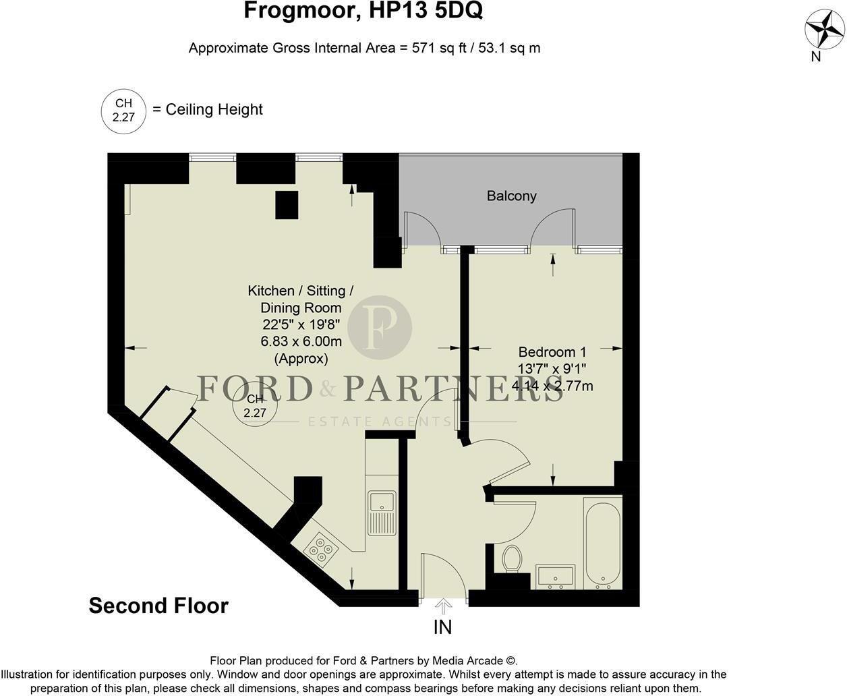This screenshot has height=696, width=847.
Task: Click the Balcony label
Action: (x=511, y=196)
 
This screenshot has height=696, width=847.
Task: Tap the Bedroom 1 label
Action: (x=552, y=352)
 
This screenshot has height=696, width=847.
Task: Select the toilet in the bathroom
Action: (x=512, y=558)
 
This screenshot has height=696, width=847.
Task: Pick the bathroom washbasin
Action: (x=556, y=577)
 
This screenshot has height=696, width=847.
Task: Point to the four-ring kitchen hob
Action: (x=321, y=550)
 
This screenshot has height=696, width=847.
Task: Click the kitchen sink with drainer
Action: (x=382, y=513)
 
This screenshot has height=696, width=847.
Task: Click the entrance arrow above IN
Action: (x=443, y=606)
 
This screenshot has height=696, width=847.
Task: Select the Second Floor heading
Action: (x=158, y=606)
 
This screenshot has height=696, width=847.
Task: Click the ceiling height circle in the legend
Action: (x=123, y=111)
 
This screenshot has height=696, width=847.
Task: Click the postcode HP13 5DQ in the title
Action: (x=426, y=11)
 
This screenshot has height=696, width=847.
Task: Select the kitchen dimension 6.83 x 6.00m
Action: (x=301, y=341)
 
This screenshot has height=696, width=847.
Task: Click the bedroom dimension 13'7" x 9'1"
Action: (x=552, y=369)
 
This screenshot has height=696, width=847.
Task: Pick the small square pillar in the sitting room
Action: (x=287, y=205)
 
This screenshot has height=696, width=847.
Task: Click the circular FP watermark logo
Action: (x=380, y=327)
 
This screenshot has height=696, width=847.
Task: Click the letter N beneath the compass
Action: (x=816, y=57)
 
